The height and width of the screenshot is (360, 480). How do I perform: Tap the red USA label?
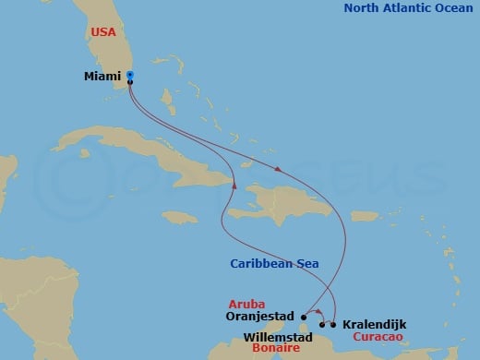tap(103, 31)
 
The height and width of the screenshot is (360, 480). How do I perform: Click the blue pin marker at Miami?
tap(130, 75)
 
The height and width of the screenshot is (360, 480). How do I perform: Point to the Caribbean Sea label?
tap(275, 264)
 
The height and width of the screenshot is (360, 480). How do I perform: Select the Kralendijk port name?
tap(373, 325)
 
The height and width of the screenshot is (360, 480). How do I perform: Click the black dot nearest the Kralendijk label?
tap(332, 324)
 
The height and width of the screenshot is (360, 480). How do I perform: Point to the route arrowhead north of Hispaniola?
tap(277, 168)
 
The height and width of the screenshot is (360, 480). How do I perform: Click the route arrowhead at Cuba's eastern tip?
tap(236, 185)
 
